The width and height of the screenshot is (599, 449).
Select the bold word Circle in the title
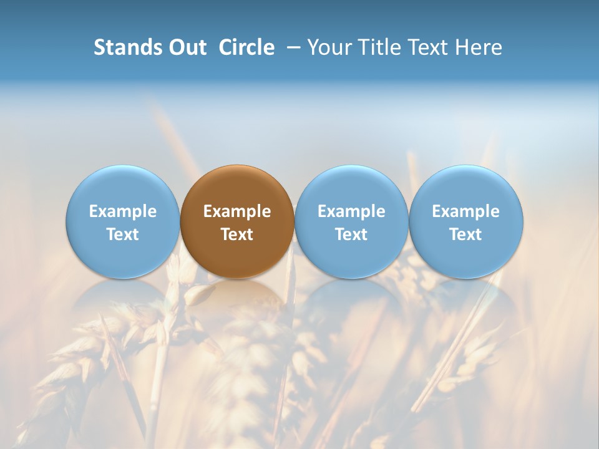(246, 47)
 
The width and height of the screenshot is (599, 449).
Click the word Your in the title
(328, 47)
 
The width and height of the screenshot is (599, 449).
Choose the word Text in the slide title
(429, 47)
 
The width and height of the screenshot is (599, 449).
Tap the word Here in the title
(479, 47)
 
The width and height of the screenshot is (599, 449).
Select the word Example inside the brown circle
(237, 211)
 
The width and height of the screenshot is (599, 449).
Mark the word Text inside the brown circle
(237, 234)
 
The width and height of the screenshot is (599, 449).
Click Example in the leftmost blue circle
(123, 211)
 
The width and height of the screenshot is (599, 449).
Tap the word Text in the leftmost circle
(123, 234)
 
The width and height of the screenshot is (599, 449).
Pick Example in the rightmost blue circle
(465, 211)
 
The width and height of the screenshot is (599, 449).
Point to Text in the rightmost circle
(465, 234)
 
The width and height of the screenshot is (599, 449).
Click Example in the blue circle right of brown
(351, 211)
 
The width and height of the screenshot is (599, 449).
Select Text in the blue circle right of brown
(351, 234)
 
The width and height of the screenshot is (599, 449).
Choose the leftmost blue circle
(123, 187)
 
